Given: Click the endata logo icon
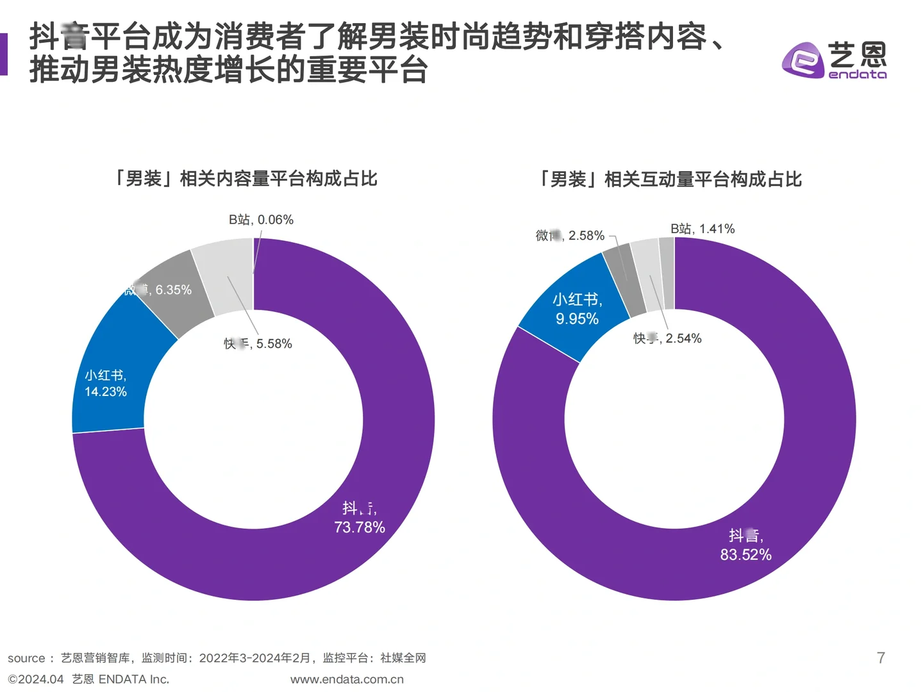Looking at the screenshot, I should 802,60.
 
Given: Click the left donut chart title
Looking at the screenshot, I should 246,178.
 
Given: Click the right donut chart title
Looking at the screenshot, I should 670,179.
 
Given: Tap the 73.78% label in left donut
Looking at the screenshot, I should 360,527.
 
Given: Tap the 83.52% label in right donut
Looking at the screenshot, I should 745,554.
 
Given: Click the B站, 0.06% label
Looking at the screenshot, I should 261,220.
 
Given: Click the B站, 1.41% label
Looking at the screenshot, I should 703,229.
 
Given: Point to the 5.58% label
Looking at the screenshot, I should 258,343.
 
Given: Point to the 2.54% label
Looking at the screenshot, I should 668,338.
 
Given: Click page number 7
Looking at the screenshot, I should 881,657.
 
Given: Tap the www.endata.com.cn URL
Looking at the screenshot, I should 347,679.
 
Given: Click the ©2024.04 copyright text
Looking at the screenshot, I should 36,679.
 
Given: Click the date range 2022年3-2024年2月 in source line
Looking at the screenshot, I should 254,658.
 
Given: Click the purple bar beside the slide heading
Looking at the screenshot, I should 3,54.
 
